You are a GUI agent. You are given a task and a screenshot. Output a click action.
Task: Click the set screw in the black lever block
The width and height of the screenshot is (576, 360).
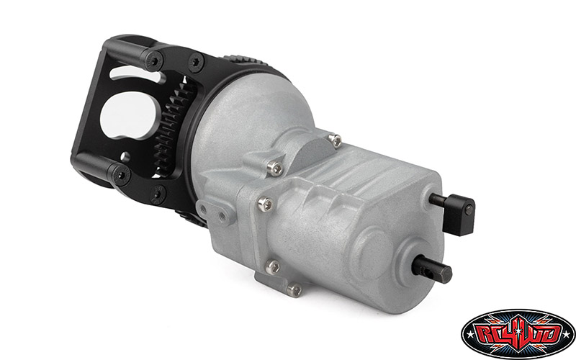[x=469, y=210]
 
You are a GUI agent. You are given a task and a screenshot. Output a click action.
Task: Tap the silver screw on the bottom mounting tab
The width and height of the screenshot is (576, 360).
[x=293, y=290]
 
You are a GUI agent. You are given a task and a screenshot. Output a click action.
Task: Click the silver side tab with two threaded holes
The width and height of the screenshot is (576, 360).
[x=215, y=210]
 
